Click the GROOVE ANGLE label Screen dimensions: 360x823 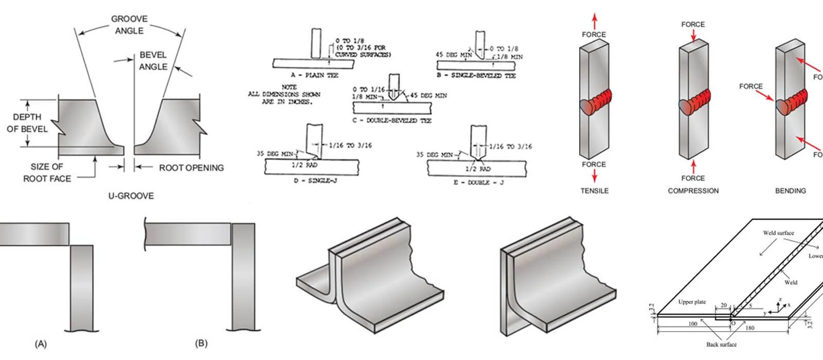coord(129,25)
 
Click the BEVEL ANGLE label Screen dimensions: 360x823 coord(153,61)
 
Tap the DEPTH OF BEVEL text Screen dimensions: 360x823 coord(27,123)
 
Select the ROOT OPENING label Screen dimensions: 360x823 coord(191,168)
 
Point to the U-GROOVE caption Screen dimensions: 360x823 coord(131,196)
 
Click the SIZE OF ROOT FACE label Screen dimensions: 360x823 coord(47,172)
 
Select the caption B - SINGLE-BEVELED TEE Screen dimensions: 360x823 coord(476,76)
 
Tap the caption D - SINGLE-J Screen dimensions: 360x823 coord(308,181)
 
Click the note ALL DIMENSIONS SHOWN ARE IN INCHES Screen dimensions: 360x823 coord(284,95)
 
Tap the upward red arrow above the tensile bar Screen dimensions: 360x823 coord(595,22)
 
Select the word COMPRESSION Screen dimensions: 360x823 coord(693,191)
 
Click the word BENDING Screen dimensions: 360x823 coord(790,191)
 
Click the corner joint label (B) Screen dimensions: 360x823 coord(201,343)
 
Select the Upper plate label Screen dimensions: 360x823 coord(692,302)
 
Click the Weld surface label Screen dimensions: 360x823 coord(778,233)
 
